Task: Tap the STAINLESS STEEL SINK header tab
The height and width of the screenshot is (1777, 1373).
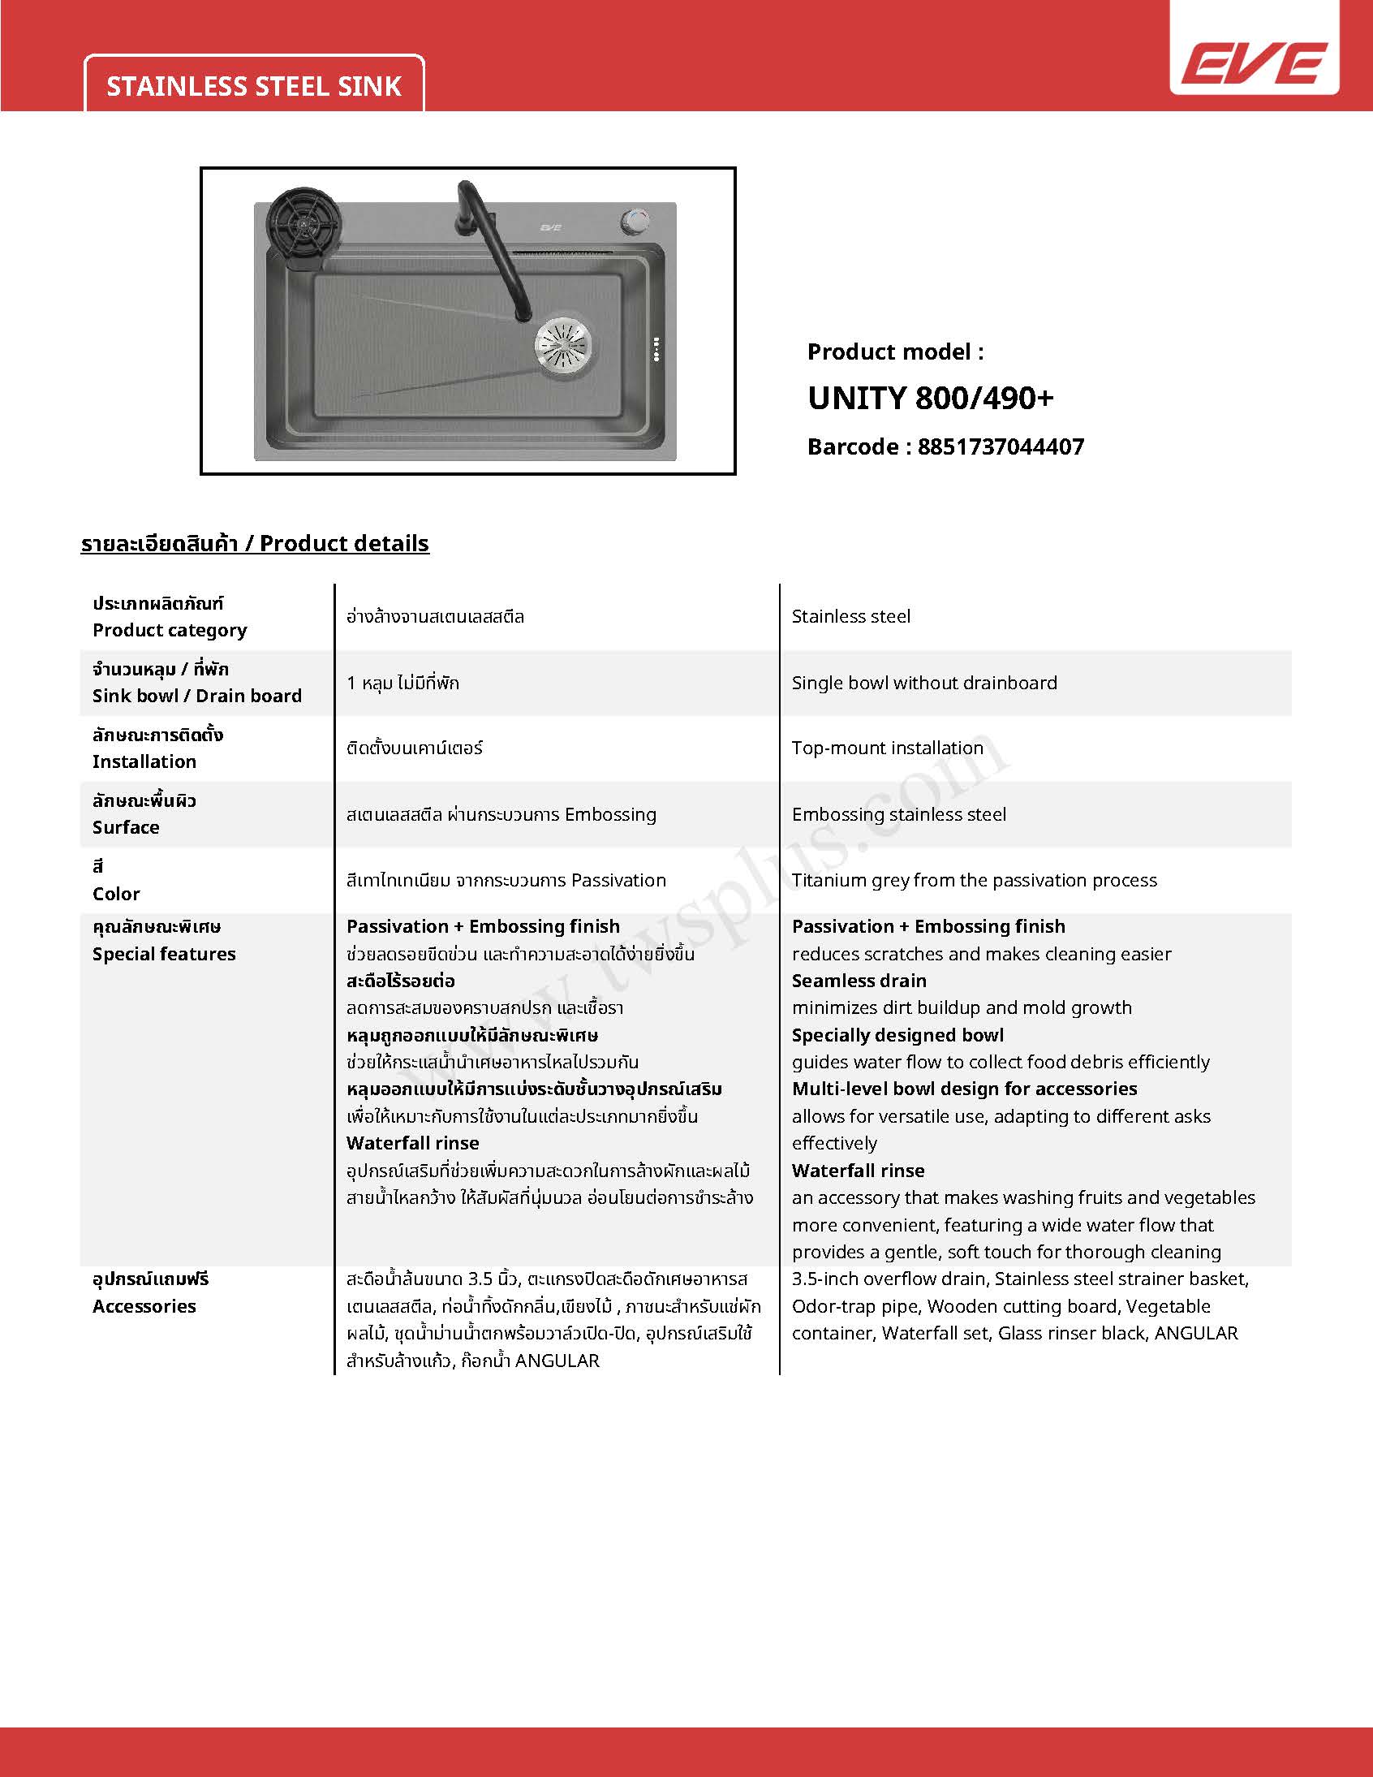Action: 254,86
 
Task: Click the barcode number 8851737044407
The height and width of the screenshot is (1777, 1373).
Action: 1001,446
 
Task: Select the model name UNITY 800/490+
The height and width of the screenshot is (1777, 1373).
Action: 931,398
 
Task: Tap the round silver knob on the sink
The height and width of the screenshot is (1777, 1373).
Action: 635,221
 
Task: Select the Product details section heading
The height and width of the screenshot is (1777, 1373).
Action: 255,544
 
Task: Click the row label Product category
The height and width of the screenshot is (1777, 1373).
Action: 169,630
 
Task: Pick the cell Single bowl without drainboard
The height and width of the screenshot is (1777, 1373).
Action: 924,683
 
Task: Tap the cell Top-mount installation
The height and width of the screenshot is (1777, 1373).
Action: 888,748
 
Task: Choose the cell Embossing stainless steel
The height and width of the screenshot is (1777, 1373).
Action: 899,814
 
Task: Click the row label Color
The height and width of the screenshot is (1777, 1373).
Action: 116,894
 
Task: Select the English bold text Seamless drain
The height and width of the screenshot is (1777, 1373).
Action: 859,981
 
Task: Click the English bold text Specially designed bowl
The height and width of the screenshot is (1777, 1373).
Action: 898,1035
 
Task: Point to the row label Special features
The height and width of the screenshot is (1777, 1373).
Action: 163,954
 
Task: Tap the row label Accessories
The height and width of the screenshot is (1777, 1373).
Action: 144,1306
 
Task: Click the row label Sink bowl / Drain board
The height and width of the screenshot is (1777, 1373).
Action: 197,696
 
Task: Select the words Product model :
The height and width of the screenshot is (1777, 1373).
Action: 896,352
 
